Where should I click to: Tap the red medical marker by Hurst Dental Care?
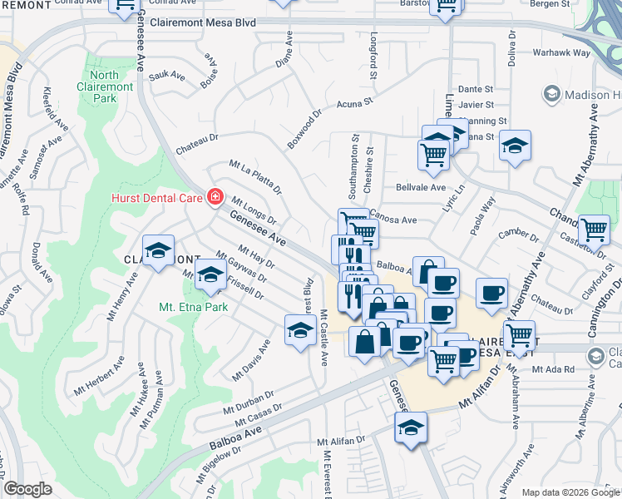point(215,197)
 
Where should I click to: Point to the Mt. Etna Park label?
point(192,306)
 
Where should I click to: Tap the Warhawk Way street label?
point(561,53)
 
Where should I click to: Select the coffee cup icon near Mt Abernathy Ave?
point(491,292)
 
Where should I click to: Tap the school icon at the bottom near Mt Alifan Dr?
point(409,429)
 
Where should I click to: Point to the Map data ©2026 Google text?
point(570,492)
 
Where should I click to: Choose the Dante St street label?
point(476,89)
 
